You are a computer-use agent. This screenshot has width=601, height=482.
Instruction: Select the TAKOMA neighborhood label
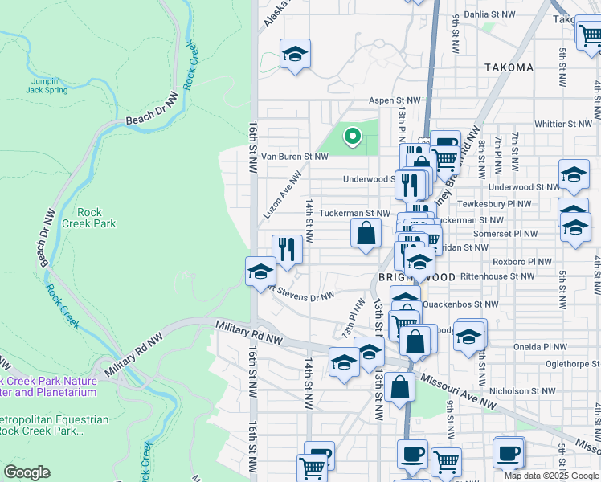click(509, 67)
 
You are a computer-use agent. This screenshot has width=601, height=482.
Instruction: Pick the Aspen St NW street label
click(395, 100)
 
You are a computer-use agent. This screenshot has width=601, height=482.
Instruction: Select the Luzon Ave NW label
click(282, 195)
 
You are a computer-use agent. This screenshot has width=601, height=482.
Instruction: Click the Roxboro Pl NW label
click(521, 262)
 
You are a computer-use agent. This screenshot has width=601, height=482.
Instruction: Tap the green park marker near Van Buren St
click(351, 137)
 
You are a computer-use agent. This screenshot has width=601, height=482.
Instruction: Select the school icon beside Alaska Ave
click(295, 55)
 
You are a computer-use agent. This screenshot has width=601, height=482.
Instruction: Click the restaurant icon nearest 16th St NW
click(287, 249)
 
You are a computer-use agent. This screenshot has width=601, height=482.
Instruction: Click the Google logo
click(27, 472)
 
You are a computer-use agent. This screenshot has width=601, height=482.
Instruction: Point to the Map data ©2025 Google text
click(550, 476)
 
